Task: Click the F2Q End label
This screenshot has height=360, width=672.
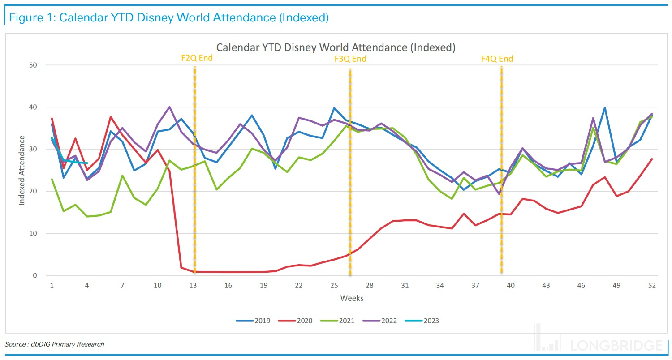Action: pos(197,58)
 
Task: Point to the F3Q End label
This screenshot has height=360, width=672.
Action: pos(350,59)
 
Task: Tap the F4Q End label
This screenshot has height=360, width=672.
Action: pos(497,59)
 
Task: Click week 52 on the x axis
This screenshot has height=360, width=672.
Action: pos(651,285)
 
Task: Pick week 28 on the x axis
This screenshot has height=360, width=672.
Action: pos(370,285)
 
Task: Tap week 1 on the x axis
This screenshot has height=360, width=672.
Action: pos(52,285)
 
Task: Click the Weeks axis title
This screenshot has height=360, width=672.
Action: pos(352,298)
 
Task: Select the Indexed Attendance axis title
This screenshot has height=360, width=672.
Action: pos(22,170)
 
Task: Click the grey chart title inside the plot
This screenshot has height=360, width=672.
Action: pos(336,47)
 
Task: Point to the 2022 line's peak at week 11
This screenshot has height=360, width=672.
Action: pos(169,107)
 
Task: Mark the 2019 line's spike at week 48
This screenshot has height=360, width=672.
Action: pos(605,107)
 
